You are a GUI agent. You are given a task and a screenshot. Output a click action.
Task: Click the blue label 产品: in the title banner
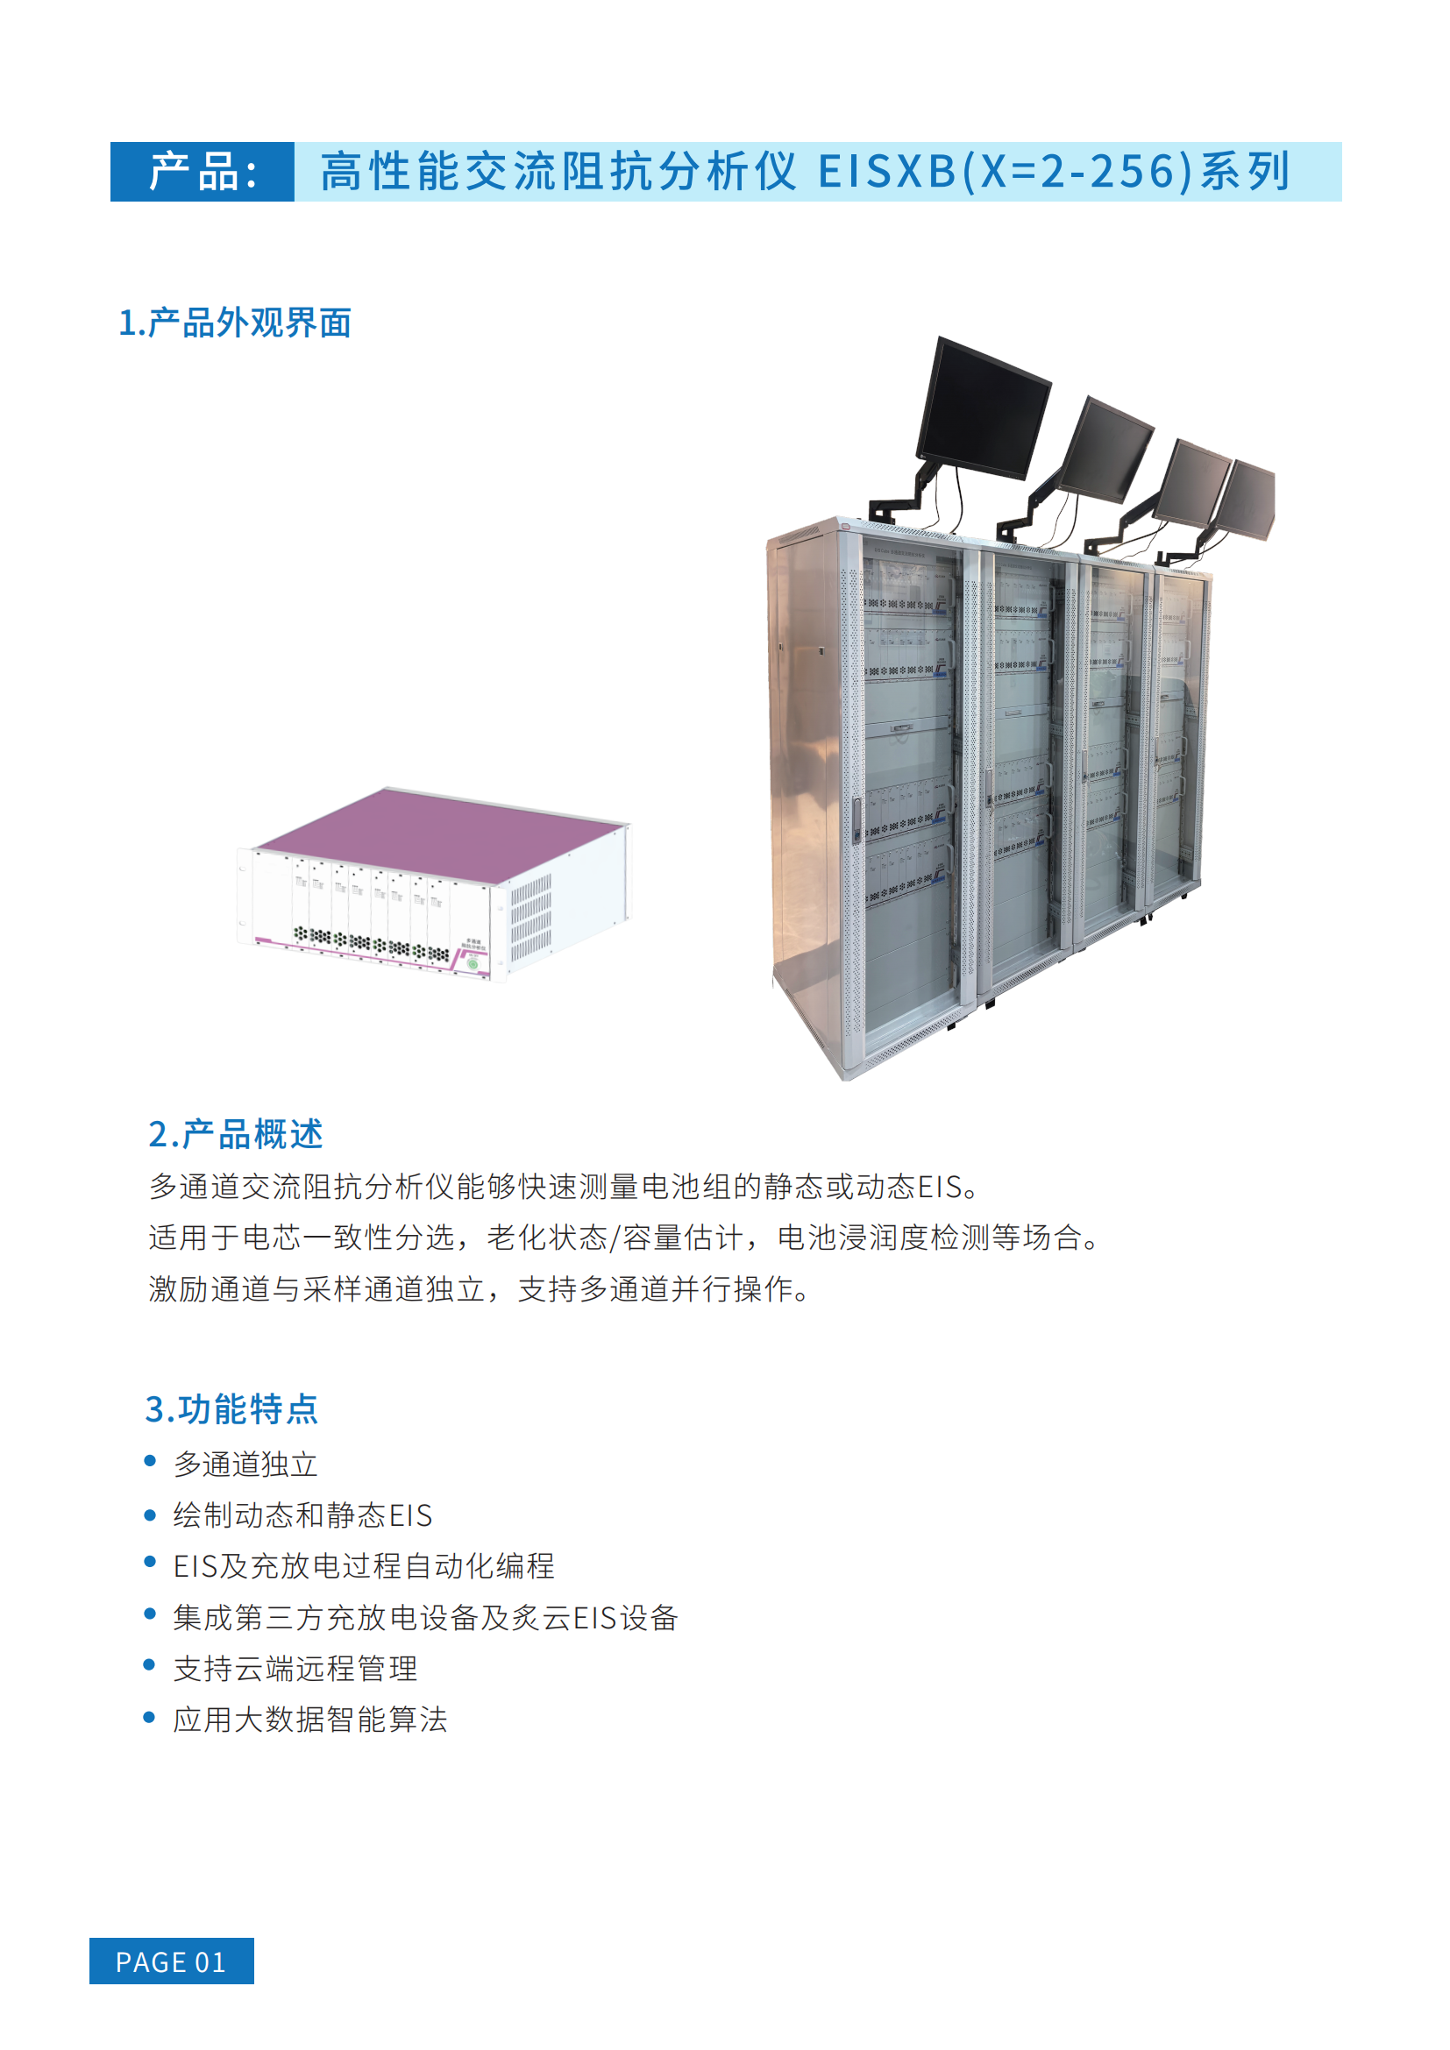(203, 172)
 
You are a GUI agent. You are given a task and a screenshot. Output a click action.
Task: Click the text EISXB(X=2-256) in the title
(1006, 172)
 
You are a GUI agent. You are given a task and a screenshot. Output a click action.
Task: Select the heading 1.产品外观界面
(235, 323)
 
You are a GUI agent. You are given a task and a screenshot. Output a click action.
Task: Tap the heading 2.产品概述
(236, 1134)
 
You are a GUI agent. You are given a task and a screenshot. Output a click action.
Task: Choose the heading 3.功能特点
(232, 1409)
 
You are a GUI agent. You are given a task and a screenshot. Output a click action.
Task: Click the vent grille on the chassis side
(530, 916)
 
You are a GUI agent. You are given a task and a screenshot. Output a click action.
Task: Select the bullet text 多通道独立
(245, 1465)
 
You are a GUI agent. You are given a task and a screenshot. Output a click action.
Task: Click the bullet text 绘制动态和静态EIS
(302, 1515)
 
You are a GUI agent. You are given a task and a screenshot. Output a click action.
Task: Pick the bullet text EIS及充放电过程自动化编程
(365, 1566)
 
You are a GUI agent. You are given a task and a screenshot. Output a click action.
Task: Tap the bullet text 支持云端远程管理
(295, 1668)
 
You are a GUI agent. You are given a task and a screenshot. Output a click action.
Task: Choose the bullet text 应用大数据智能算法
(310, 1719)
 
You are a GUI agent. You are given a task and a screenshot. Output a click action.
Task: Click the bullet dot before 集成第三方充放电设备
(150, 1614)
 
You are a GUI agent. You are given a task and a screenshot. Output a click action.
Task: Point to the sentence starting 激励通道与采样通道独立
(480, 1288)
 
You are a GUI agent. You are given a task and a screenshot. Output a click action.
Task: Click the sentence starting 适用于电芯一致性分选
(625, 1238)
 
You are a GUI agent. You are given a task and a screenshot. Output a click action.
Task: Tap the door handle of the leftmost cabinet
(857, 820)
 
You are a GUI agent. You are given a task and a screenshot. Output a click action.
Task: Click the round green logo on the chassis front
(473, 963)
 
